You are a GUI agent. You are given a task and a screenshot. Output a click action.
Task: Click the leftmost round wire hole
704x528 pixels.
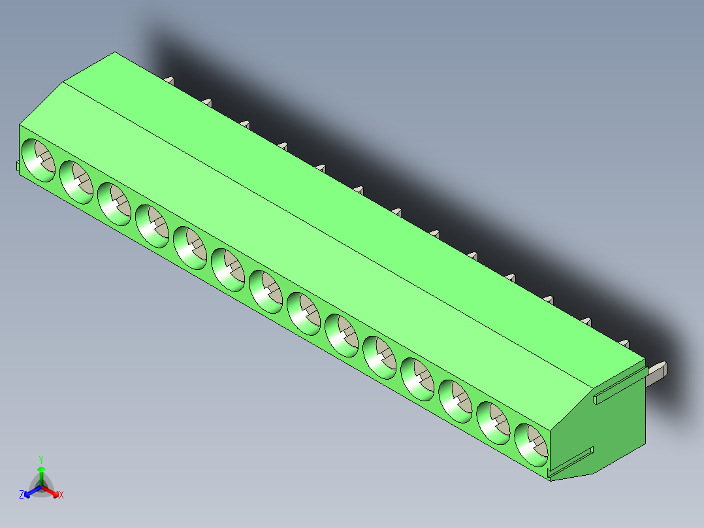tap(40, 160)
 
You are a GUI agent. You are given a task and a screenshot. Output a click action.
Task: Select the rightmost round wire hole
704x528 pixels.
tap(532, 444)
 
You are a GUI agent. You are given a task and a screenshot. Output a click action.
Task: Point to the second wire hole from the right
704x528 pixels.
tap(494, 423)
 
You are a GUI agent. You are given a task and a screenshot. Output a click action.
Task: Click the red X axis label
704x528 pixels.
tap(61, 495)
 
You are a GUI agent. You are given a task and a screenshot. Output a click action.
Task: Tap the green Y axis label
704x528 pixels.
tap(41, 459)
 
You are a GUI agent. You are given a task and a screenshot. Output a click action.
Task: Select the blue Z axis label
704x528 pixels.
tap(22, 495)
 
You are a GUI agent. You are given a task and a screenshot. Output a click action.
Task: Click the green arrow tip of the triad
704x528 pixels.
tap(41, 469)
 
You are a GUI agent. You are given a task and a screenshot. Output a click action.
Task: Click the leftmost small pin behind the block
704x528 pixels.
tap(169, 80)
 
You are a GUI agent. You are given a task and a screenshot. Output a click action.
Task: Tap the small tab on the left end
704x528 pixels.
tap(18, 166)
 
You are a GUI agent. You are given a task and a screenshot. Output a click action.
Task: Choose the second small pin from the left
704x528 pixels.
tap(207, 101)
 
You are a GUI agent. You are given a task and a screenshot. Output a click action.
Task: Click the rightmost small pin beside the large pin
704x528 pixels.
tap(624, 343)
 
